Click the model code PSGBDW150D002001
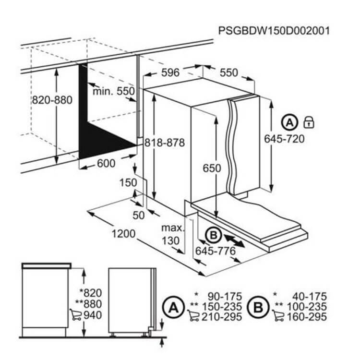(274, 31)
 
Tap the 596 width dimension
(170, 72)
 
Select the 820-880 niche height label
(52, 100)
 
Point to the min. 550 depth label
(113, 91)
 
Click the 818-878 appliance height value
(164, 143)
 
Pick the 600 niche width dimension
(106, 163)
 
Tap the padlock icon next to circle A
(309, 122)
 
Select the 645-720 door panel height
(284, 139)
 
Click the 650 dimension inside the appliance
(212, 168)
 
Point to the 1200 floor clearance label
(123, 234)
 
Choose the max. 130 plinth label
(173, 234)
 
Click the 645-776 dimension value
(216, 251)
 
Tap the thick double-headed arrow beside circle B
(234, 241)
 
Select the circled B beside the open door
(214, 235)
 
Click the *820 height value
(91, 293)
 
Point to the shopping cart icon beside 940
(75, 314)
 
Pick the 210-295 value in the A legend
(222, 317)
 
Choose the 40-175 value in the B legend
(310, 297)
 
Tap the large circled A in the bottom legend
(173, 307)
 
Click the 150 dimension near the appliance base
(128, 182)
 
